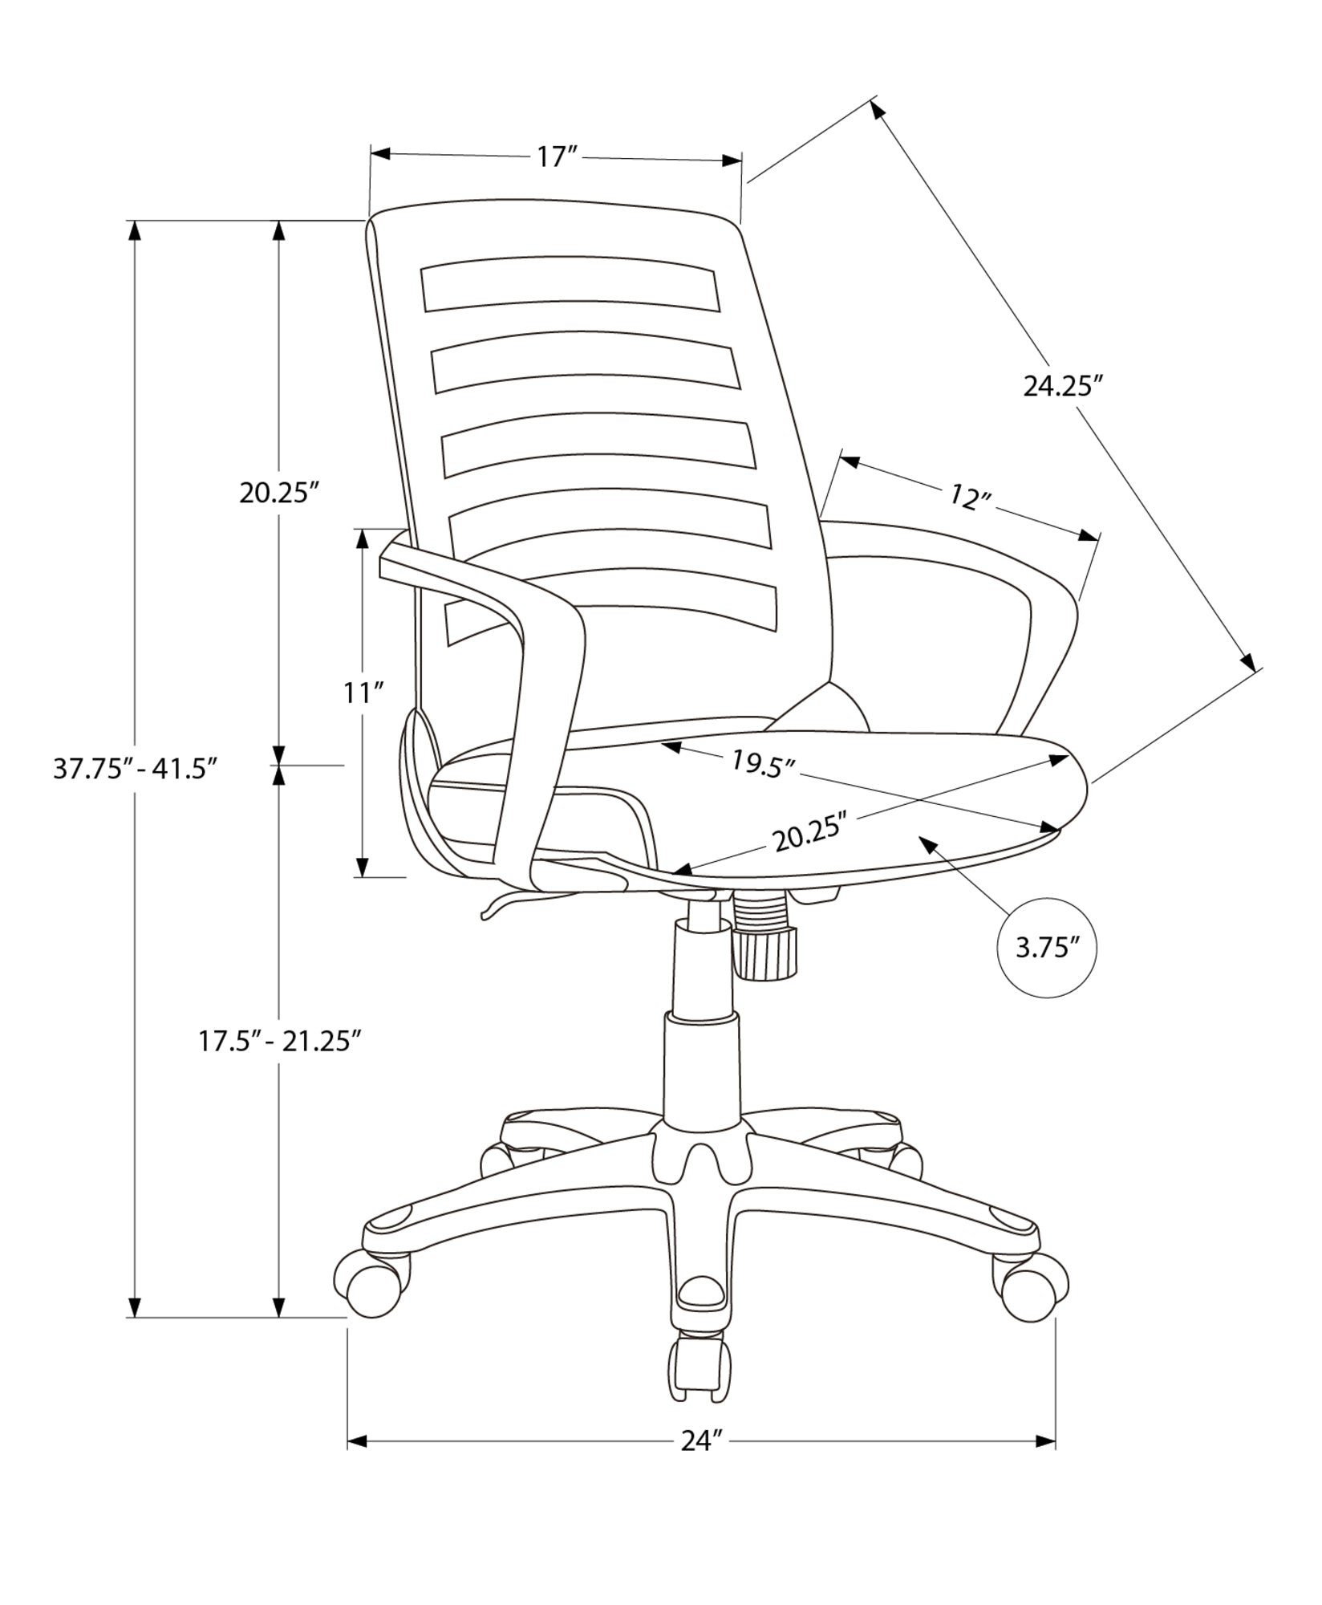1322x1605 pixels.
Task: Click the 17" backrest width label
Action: point(558,156)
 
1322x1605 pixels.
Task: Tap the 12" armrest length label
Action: point(971,498)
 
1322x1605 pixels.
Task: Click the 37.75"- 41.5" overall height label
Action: point(136,769)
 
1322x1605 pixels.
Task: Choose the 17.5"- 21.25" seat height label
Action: point(278,1042)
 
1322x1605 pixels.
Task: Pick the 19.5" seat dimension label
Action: point(762,762)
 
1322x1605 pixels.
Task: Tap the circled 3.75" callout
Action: point(1045,948)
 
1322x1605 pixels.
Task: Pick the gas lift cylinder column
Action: point(701,1059)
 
